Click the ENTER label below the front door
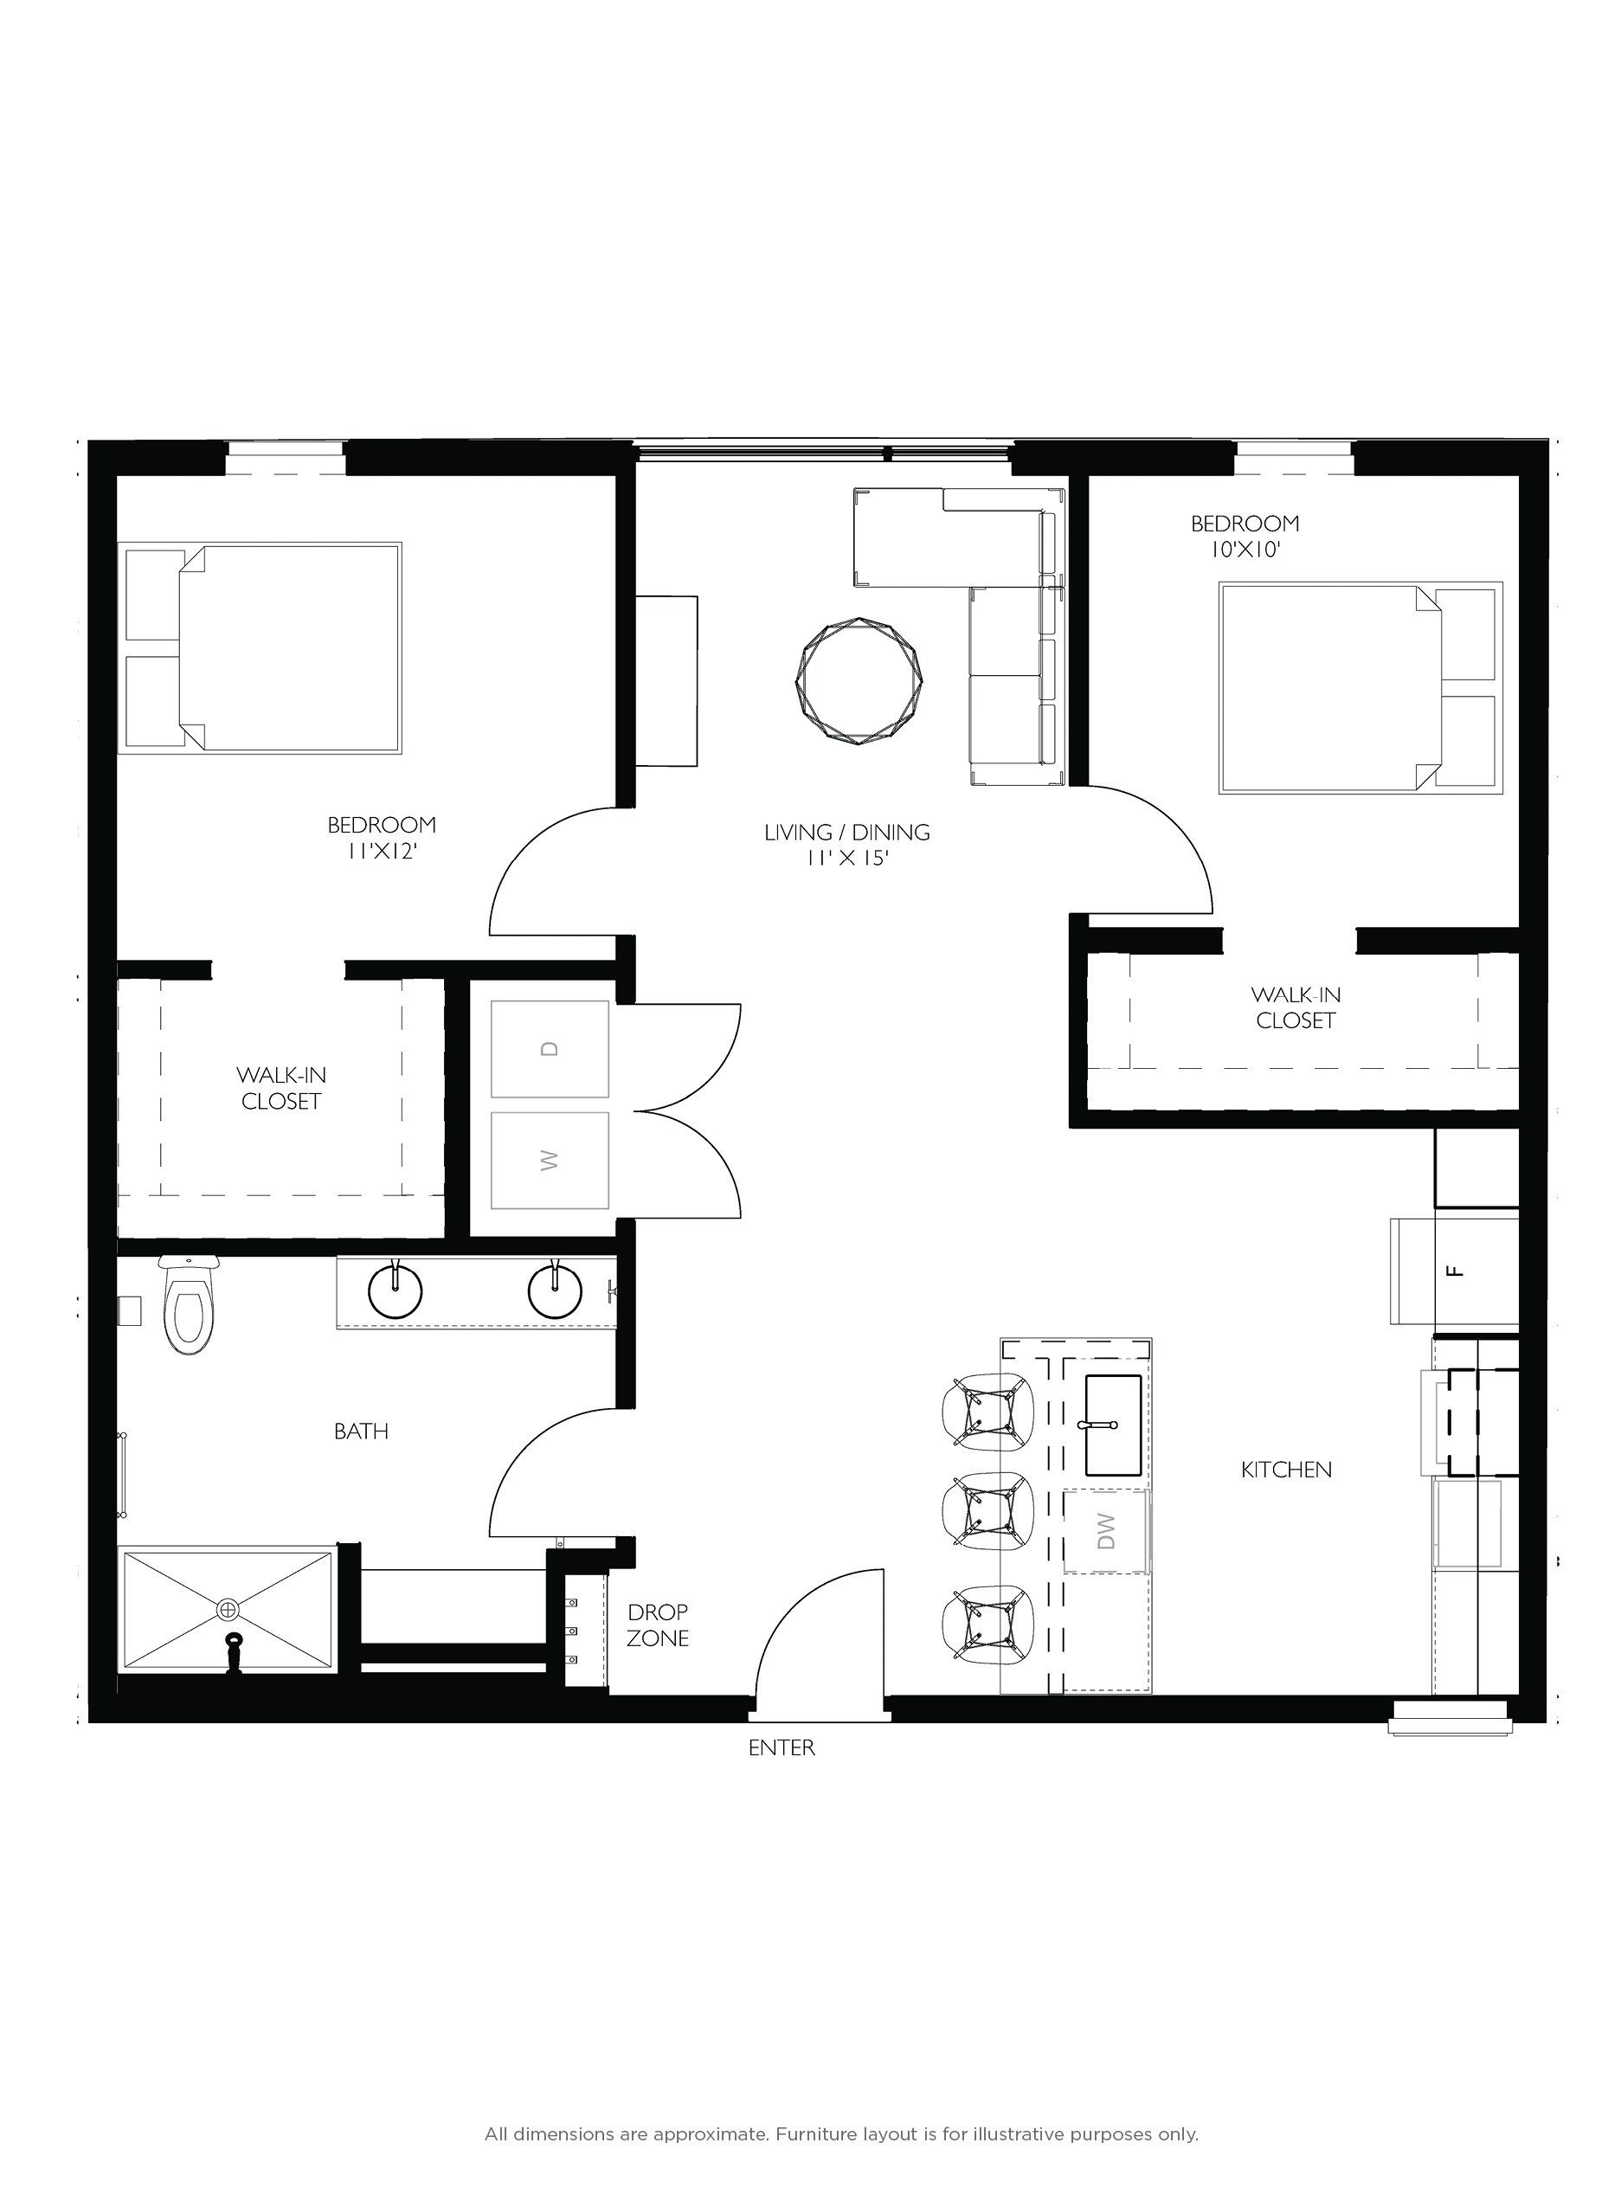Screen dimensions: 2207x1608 click(781, 1747)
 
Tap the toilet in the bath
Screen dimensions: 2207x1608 click(188, 1308)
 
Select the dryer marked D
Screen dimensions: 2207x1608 click(550, 1048)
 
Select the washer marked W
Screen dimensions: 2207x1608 click(550, 1160)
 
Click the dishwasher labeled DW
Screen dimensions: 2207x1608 click(1106, 1531)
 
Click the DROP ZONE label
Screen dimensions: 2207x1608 click(657, 1625)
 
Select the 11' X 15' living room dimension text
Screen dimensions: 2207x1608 click(848, 858)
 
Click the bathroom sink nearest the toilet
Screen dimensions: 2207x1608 click(396, 1292)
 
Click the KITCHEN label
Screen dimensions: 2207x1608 click(1286, 1469)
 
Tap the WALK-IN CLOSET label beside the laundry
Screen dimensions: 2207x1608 click(280, 1089)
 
